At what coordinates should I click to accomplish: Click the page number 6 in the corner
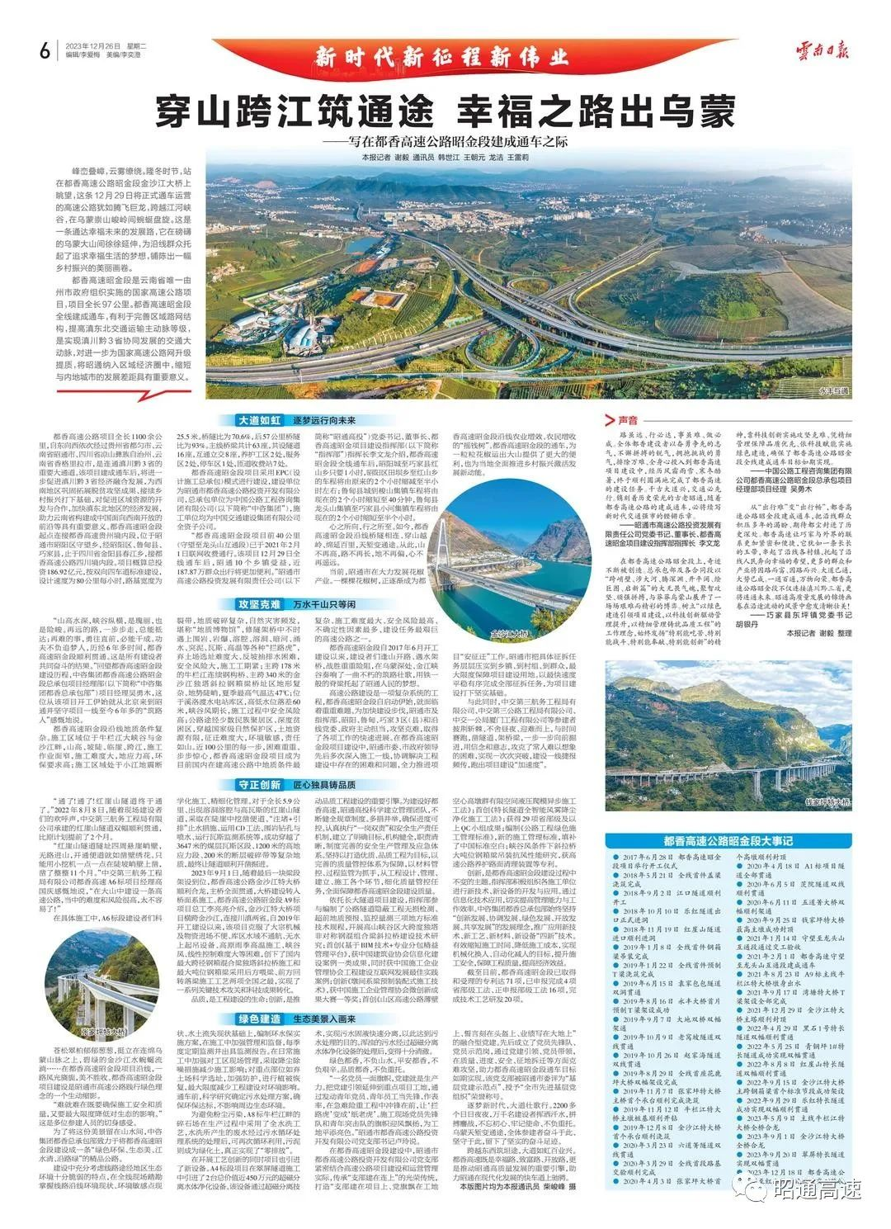44,51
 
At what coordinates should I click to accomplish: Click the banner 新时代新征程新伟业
445,57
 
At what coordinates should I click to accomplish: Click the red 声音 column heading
629,419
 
